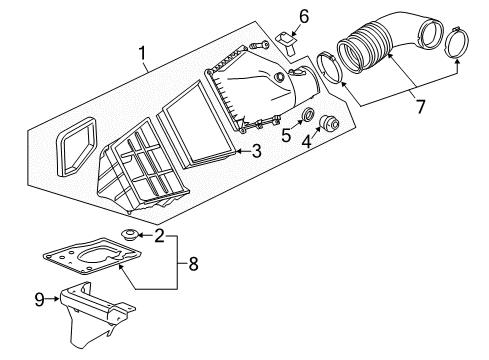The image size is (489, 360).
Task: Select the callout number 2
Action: pyautogui.click(x=159, y=235)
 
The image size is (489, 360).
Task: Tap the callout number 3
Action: pyautogui.click(x=256, y=152)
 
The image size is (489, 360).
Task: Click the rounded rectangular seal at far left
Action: pyautogui.click(x=75, y=150)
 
